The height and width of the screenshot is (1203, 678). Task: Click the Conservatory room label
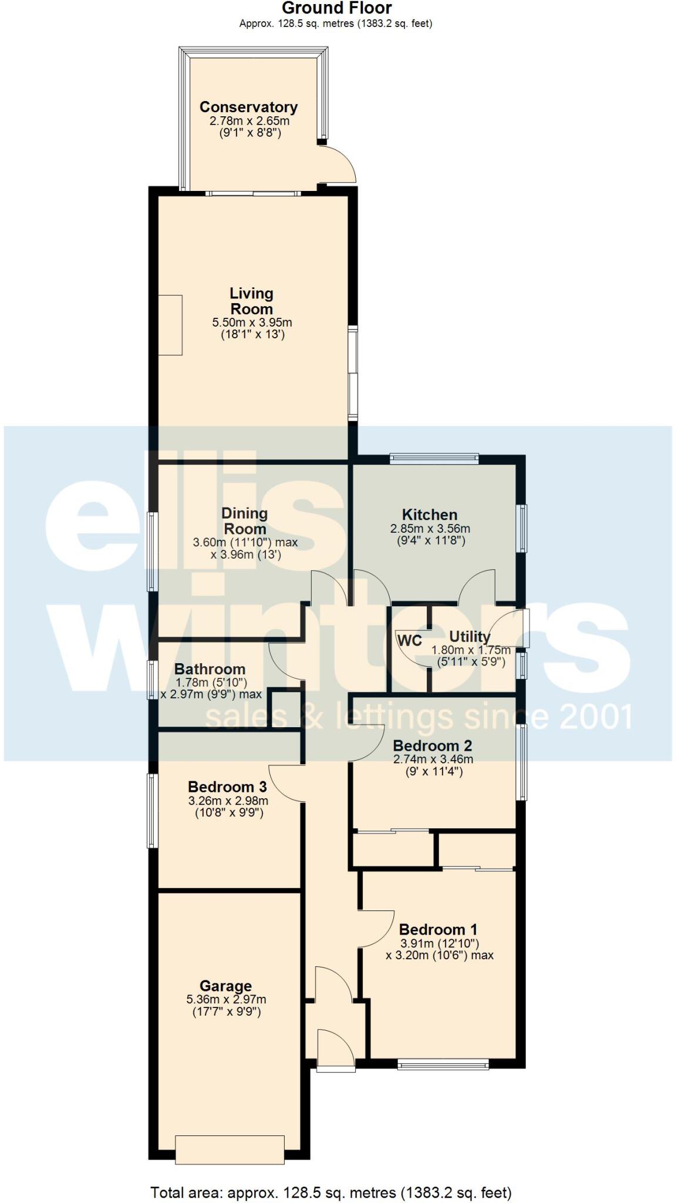[x=248, y=107]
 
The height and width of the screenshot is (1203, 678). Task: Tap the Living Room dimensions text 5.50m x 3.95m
[x=252, y=322]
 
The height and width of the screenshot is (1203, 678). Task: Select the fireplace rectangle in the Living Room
[x=170, y=325]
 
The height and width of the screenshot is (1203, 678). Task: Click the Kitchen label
[x=429, y=515]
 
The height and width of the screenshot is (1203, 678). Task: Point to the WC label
[x=409, y=640]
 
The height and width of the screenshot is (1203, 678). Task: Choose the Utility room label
[x=470, y=636]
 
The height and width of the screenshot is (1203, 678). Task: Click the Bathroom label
[x=210, y=669]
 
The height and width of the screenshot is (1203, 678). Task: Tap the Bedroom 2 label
[x=432, y=745]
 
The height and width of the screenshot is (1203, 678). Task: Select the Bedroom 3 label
[x=227, y=787]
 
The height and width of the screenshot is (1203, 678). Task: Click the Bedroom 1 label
[x=438, y=929]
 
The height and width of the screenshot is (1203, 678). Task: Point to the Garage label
[x=225, y=986]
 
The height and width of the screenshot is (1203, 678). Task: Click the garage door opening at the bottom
[x=230, y=1149]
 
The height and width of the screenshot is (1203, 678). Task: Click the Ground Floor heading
[x=336, y=8]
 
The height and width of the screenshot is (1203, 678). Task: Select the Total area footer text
[x=331, y=1192]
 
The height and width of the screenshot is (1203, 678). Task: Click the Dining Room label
[x=244, y=521]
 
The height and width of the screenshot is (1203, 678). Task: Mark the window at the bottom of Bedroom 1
[x=443, y=1063]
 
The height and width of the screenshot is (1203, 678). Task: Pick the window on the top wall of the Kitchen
[x=434, y=458]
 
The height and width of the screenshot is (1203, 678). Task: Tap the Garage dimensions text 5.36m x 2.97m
[x=226, y=999]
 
